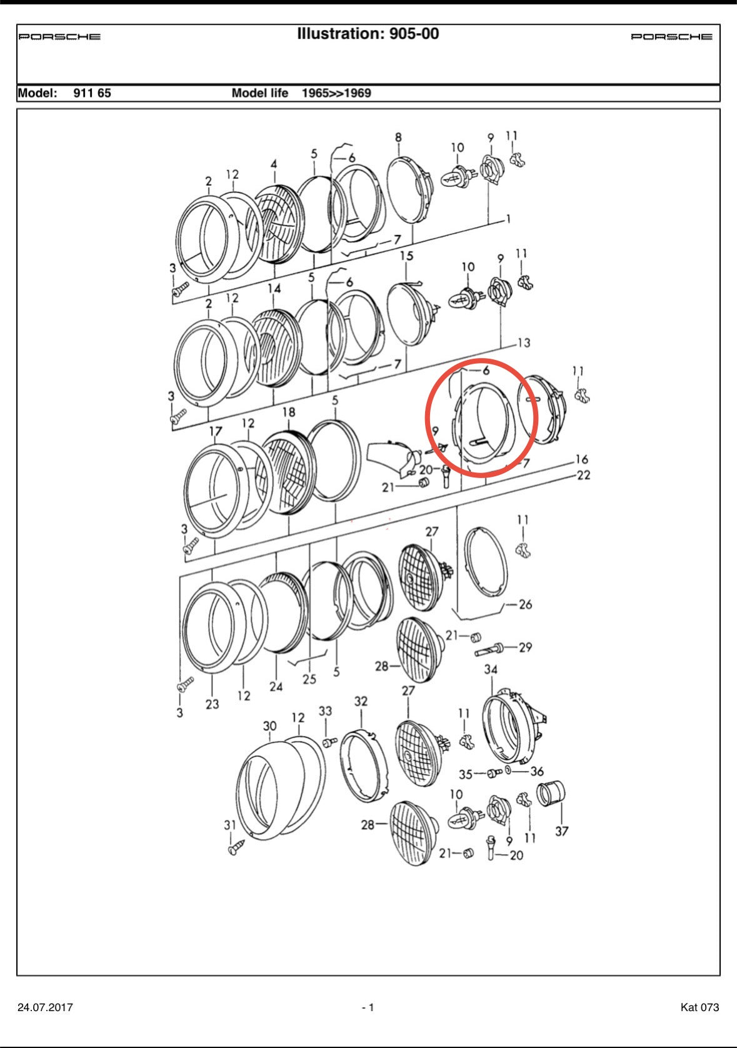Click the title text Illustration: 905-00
[368, 34]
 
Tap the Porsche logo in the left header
[59, 36]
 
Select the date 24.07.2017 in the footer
[45, 1007]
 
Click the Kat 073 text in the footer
[699, 1007]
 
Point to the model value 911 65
[92, 93]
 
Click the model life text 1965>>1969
[336, 93]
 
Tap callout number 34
[491, 669]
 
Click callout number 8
[398, 137]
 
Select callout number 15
[406, 256]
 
